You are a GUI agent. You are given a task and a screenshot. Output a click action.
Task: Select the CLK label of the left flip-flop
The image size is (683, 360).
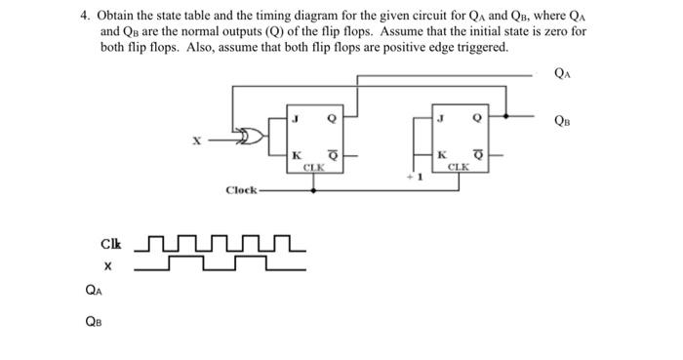[313, 167]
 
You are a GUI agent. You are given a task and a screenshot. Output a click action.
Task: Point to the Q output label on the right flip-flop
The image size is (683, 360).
[476, 119]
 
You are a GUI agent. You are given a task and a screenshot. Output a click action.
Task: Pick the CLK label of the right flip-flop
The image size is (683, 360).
[459, 167]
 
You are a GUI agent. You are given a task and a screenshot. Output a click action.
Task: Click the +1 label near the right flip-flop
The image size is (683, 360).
[415, 178]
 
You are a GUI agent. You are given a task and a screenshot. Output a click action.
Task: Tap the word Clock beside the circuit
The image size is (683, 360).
[240, 190]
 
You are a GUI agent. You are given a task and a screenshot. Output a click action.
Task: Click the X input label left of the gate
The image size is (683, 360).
[194, 142]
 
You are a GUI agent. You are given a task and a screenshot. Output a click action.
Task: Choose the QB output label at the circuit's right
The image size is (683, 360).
[564, 121]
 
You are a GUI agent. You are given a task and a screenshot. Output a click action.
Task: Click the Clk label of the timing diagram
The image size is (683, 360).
[110, 244]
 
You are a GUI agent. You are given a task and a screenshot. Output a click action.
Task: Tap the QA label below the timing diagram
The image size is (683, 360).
[93, 290]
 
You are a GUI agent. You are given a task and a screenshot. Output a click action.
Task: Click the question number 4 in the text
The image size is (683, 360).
[85, 17]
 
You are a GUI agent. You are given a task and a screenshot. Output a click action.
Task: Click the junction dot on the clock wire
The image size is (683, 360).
[313, 190]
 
